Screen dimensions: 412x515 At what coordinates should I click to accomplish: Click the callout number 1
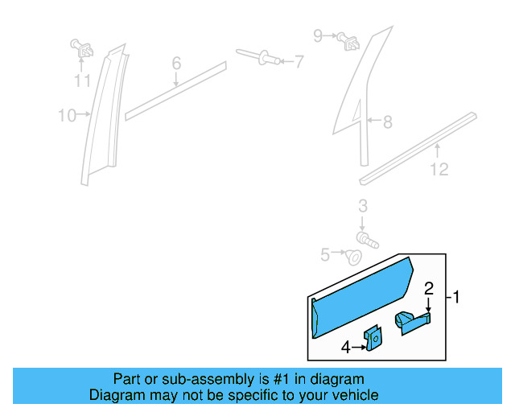pos(456,298)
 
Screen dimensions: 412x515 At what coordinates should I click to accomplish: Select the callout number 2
pos(429,288)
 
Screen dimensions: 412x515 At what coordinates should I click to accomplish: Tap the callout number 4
pos(345,348)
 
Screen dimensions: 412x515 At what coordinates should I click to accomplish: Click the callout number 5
pos(325,255)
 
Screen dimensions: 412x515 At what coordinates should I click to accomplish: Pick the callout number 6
pos(176,63)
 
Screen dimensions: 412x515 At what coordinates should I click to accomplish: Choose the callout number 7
pos(299,60)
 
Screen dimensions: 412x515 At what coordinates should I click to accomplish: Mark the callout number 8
pos(387,122)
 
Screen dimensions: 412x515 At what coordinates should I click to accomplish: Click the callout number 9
pos(317,35)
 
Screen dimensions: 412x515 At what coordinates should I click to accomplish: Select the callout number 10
pos(66,116)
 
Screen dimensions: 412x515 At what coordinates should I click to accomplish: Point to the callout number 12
pos(439,169)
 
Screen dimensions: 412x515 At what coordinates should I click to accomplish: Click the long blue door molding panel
pos(362,294)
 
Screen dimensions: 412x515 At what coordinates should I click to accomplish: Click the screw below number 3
pos(366,238)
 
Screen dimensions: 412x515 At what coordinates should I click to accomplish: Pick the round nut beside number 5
pos(352,257)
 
